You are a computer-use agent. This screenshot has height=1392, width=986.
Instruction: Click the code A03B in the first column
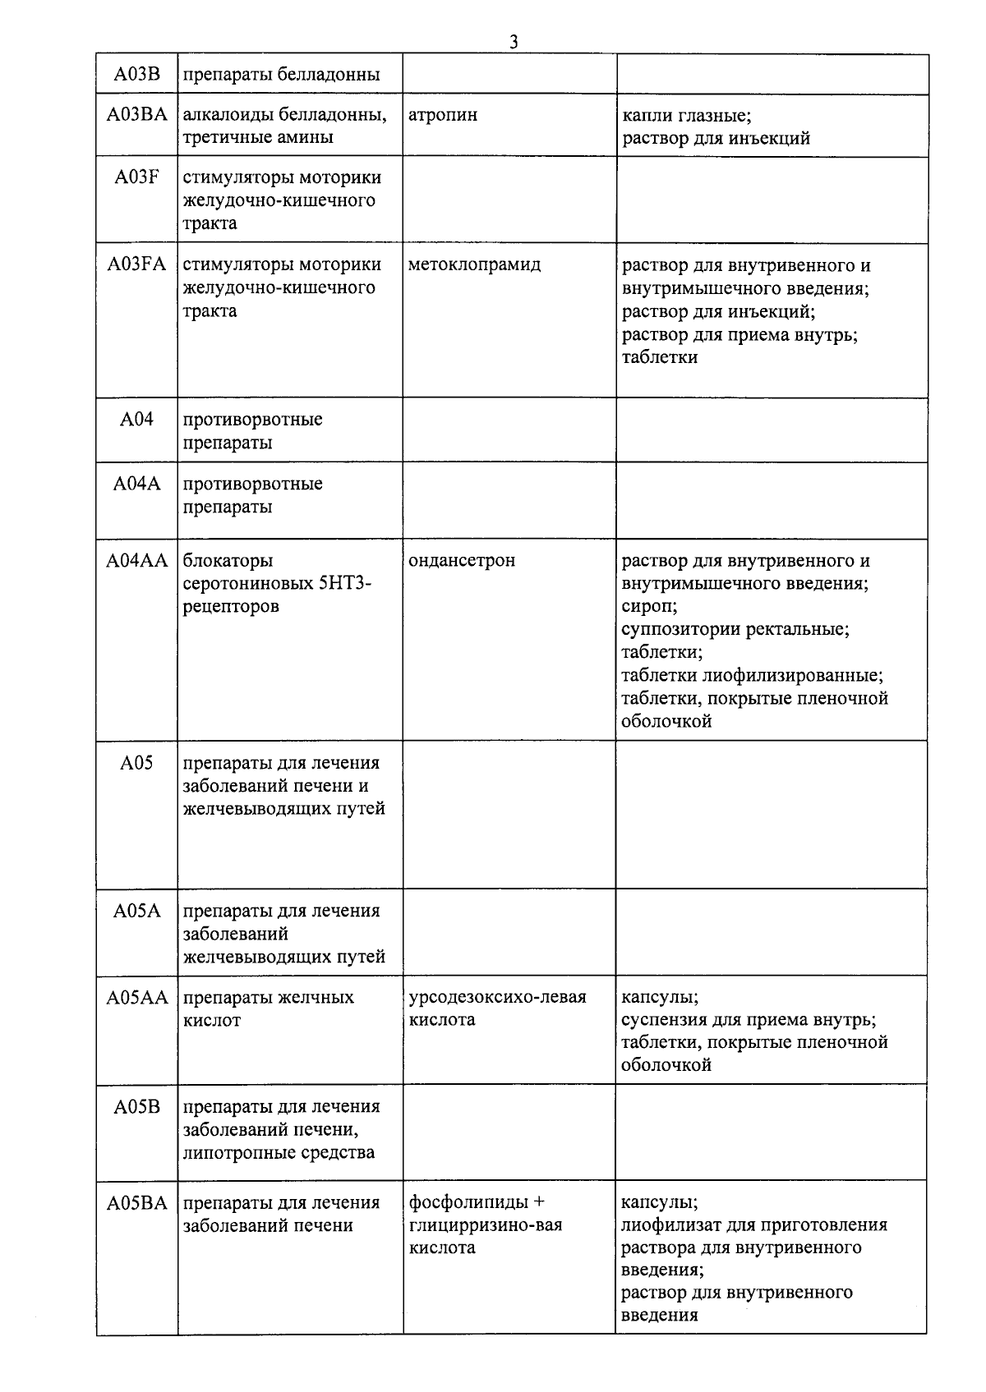click(136, 75)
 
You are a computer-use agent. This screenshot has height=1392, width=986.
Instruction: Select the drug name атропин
click(443, 114)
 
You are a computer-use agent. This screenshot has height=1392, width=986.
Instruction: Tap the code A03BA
click(136, 114)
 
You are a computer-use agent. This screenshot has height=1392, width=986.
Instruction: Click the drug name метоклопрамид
click(475, 264)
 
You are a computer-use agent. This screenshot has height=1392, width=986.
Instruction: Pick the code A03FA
click(136, 264)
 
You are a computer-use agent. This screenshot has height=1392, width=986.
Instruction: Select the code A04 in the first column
click(136, 420)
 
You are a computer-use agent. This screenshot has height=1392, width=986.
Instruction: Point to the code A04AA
click(136, 560)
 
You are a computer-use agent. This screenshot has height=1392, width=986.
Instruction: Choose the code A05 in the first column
click(136, 763)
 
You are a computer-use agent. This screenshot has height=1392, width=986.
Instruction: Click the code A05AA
click(136, 997)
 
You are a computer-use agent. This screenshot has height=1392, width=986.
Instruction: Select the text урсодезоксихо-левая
click(497, 997)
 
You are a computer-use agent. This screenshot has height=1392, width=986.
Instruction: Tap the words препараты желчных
click(269, 997)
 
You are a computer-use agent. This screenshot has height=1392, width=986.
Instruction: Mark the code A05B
click(136, 1106)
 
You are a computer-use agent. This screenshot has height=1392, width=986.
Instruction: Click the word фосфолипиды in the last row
click(468, 1202)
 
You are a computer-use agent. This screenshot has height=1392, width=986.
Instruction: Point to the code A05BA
click(136, 1202)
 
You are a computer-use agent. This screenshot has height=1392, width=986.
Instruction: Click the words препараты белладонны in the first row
click(281, 75)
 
